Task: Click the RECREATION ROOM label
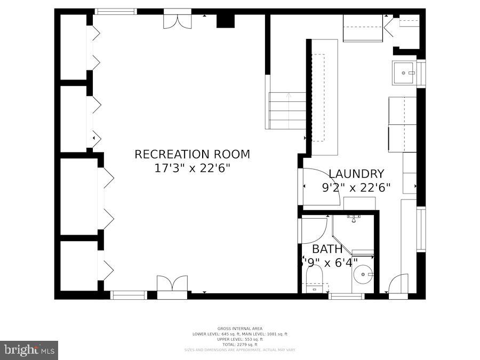point(192,154)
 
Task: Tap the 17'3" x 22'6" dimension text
point(192,168)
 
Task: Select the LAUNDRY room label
point(356,173)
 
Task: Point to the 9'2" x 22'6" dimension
point(356,187)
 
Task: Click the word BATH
point(327,249)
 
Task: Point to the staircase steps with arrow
point(287,110)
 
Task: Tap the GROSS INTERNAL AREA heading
point(240,329)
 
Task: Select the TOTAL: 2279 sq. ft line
point(240,345)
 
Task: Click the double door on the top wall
point(178,19)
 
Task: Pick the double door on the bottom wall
point(172,285)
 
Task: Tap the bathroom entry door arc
point(314,230)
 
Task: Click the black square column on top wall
point(226,21)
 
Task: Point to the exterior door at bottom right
point(398,286)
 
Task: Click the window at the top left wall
point(115,11)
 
